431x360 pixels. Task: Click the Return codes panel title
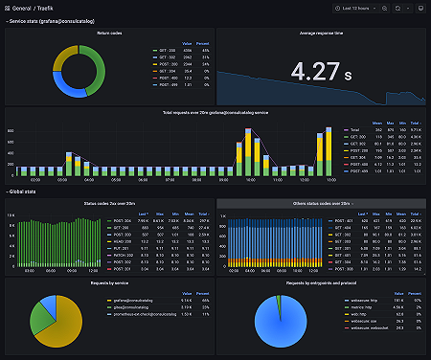point(110,33)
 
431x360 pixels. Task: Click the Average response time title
point(321,33)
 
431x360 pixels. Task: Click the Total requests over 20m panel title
point(215,114)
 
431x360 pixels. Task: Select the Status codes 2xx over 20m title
point(110,203)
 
